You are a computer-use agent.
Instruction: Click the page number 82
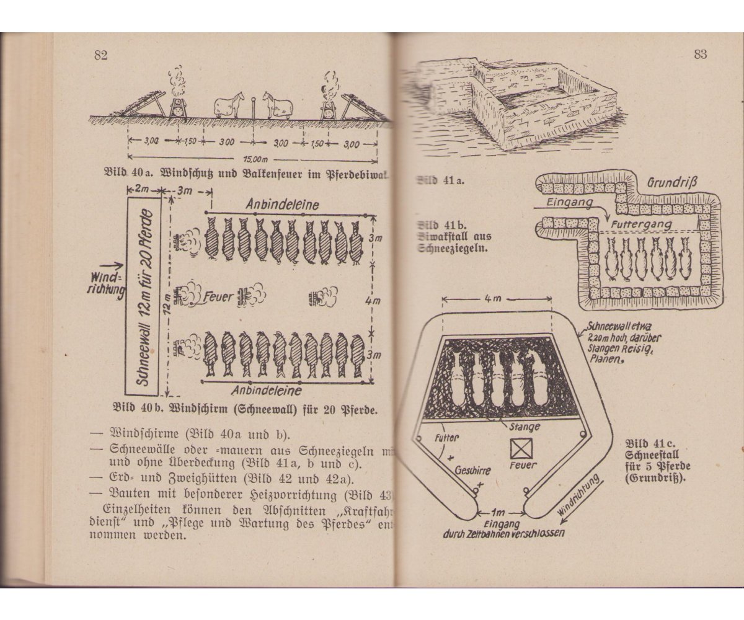pyautogui.click(x=101, y=55)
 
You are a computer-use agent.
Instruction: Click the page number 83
pyautogui.click(x=700, y=54)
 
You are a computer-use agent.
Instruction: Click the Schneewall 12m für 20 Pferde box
pyautogui.click(x=142, y=296)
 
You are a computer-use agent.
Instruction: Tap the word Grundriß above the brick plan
pyautogui.click(x=673, y=184)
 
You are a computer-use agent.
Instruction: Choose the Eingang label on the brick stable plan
pyautogui.click(x=570, y=202)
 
